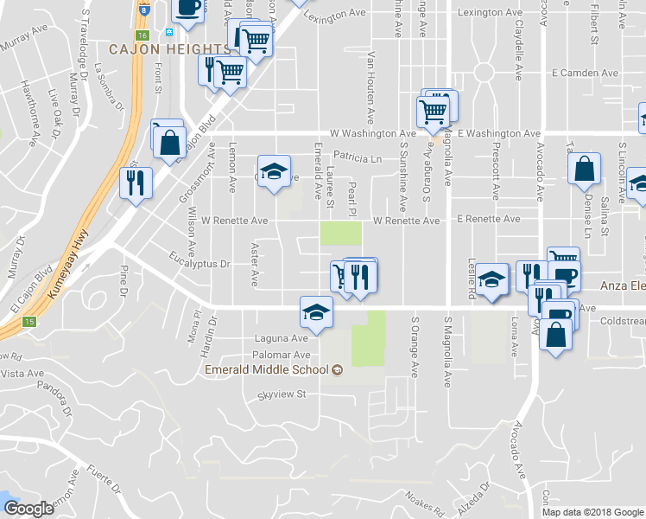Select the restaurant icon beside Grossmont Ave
(136, 184)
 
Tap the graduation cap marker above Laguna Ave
(317, 313)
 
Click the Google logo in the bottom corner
(28, 509)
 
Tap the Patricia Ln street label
(358, 158)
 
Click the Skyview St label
(282, 395)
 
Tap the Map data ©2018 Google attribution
(592, 512)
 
